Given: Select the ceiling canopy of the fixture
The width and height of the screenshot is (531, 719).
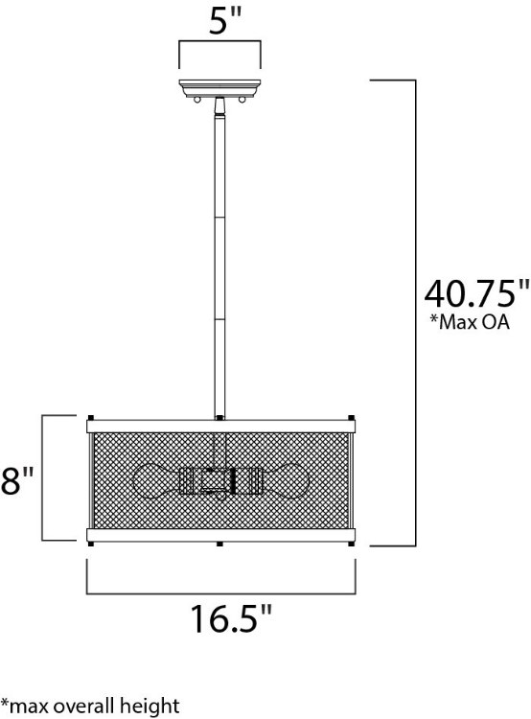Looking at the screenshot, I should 219,87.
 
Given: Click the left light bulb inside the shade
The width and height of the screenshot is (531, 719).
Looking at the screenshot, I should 157,478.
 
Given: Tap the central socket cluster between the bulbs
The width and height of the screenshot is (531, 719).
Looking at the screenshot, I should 220,478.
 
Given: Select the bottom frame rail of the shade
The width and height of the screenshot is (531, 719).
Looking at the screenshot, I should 220,534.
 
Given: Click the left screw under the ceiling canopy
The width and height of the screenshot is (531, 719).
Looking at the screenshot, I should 196,98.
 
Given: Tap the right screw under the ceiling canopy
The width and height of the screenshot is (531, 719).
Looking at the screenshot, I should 242,98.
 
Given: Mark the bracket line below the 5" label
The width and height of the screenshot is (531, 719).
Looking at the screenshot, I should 219,43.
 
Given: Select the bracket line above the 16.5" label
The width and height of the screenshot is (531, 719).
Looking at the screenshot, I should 219,591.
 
